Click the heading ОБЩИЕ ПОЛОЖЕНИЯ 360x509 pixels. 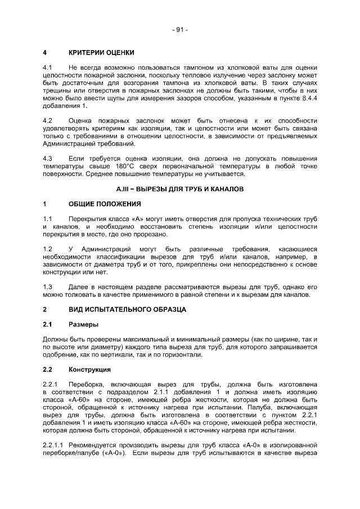pyautogui.click(x=102, y=203)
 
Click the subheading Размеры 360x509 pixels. pyautogui.click(x=82, y=325)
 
